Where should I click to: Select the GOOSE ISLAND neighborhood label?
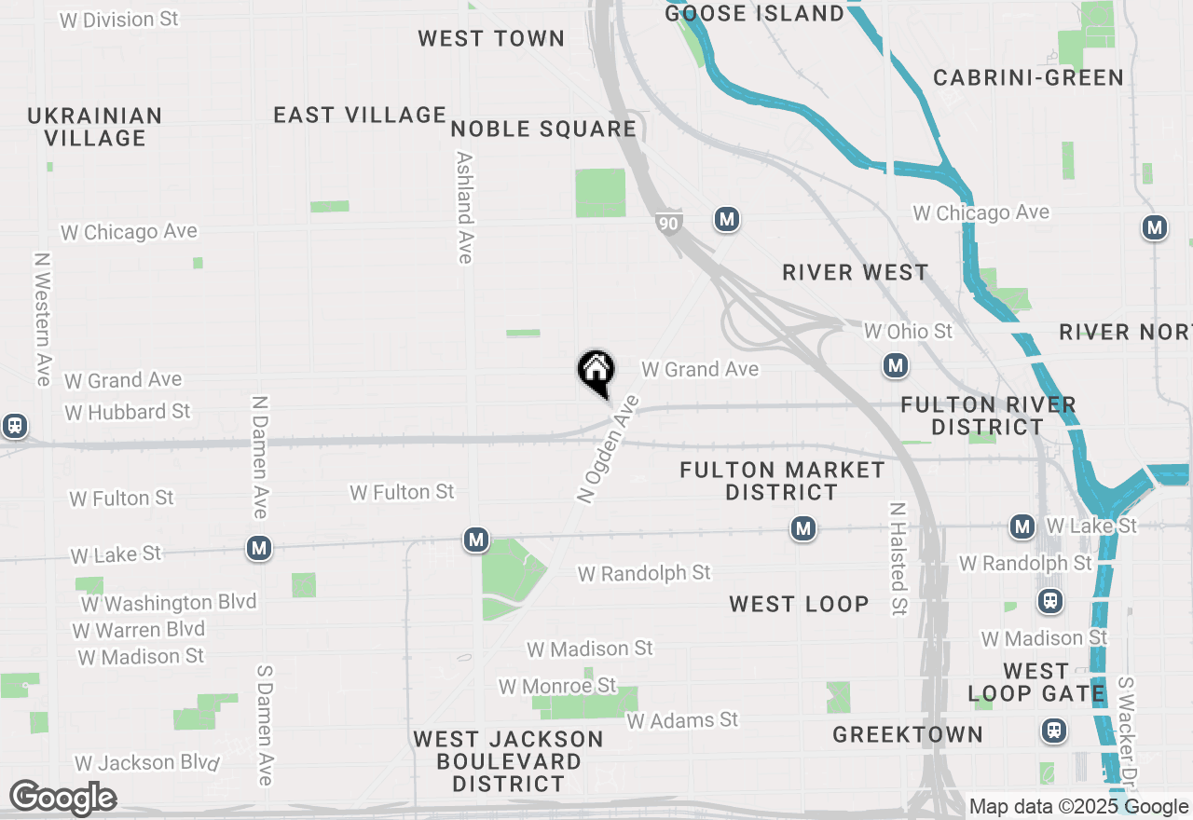pyautogui.click(x=755, y=13)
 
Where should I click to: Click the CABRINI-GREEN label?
pyautogui.click(x=1029, y=77)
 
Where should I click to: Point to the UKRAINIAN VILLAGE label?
pyautogui.click(x=95, y=127)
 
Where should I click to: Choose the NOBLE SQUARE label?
pyautogui.click(x=543, y=129)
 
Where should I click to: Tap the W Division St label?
pyautogui.click(x=119, y=19)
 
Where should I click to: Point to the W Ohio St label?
pyautogui.click(x=909, y=331)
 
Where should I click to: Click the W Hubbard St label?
pyautogui.click(x=128, y=412)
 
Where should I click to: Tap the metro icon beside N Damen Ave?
pyautogui.click(x=259, y=548)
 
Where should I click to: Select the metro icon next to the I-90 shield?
pyautogui.click(x=727, y=220)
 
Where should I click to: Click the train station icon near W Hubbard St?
pyautogui.click(x=14, y=426)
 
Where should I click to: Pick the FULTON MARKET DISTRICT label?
pyautogui.click(x=782, y=480)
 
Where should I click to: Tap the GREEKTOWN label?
pyautogui.click(x=908, y=734)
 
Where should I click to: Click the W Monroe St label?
pyautogui.click(x=557, y=687)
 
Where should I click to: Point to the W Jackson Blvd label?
pyautogui.click(x=147, y=763)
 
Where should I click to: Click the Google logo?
pyautogui.click(x=62, y=799)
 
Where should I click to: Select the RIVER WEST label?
pyautogui.click(x=856, y=272)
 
